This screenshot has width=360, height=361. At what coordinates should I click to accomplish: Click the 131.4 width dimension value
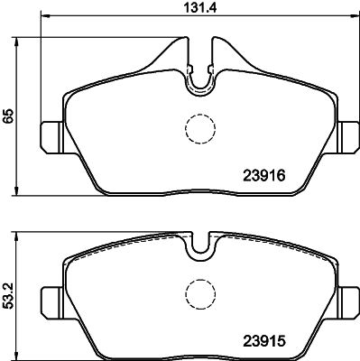[200, 7]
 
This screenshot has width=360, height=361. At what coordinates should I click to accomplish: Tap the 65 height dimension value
[8, 116]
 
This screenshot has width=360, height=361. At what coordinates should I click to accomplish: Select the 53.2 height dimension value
[8, 296]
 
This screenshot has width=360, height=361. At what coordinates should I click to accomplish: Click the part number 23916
[263, 175]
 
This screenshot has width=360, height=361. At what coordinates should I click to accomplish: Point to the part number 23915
[263, 341]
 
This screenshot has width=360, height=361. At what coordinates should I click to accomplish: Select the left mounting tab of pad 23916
[51, 137]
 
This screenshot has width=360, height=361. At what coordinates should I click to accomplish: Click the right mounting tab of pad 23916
[348, 137]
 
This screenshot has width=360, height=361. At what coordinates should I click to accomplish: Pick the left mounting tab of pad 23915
[51, 302]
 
